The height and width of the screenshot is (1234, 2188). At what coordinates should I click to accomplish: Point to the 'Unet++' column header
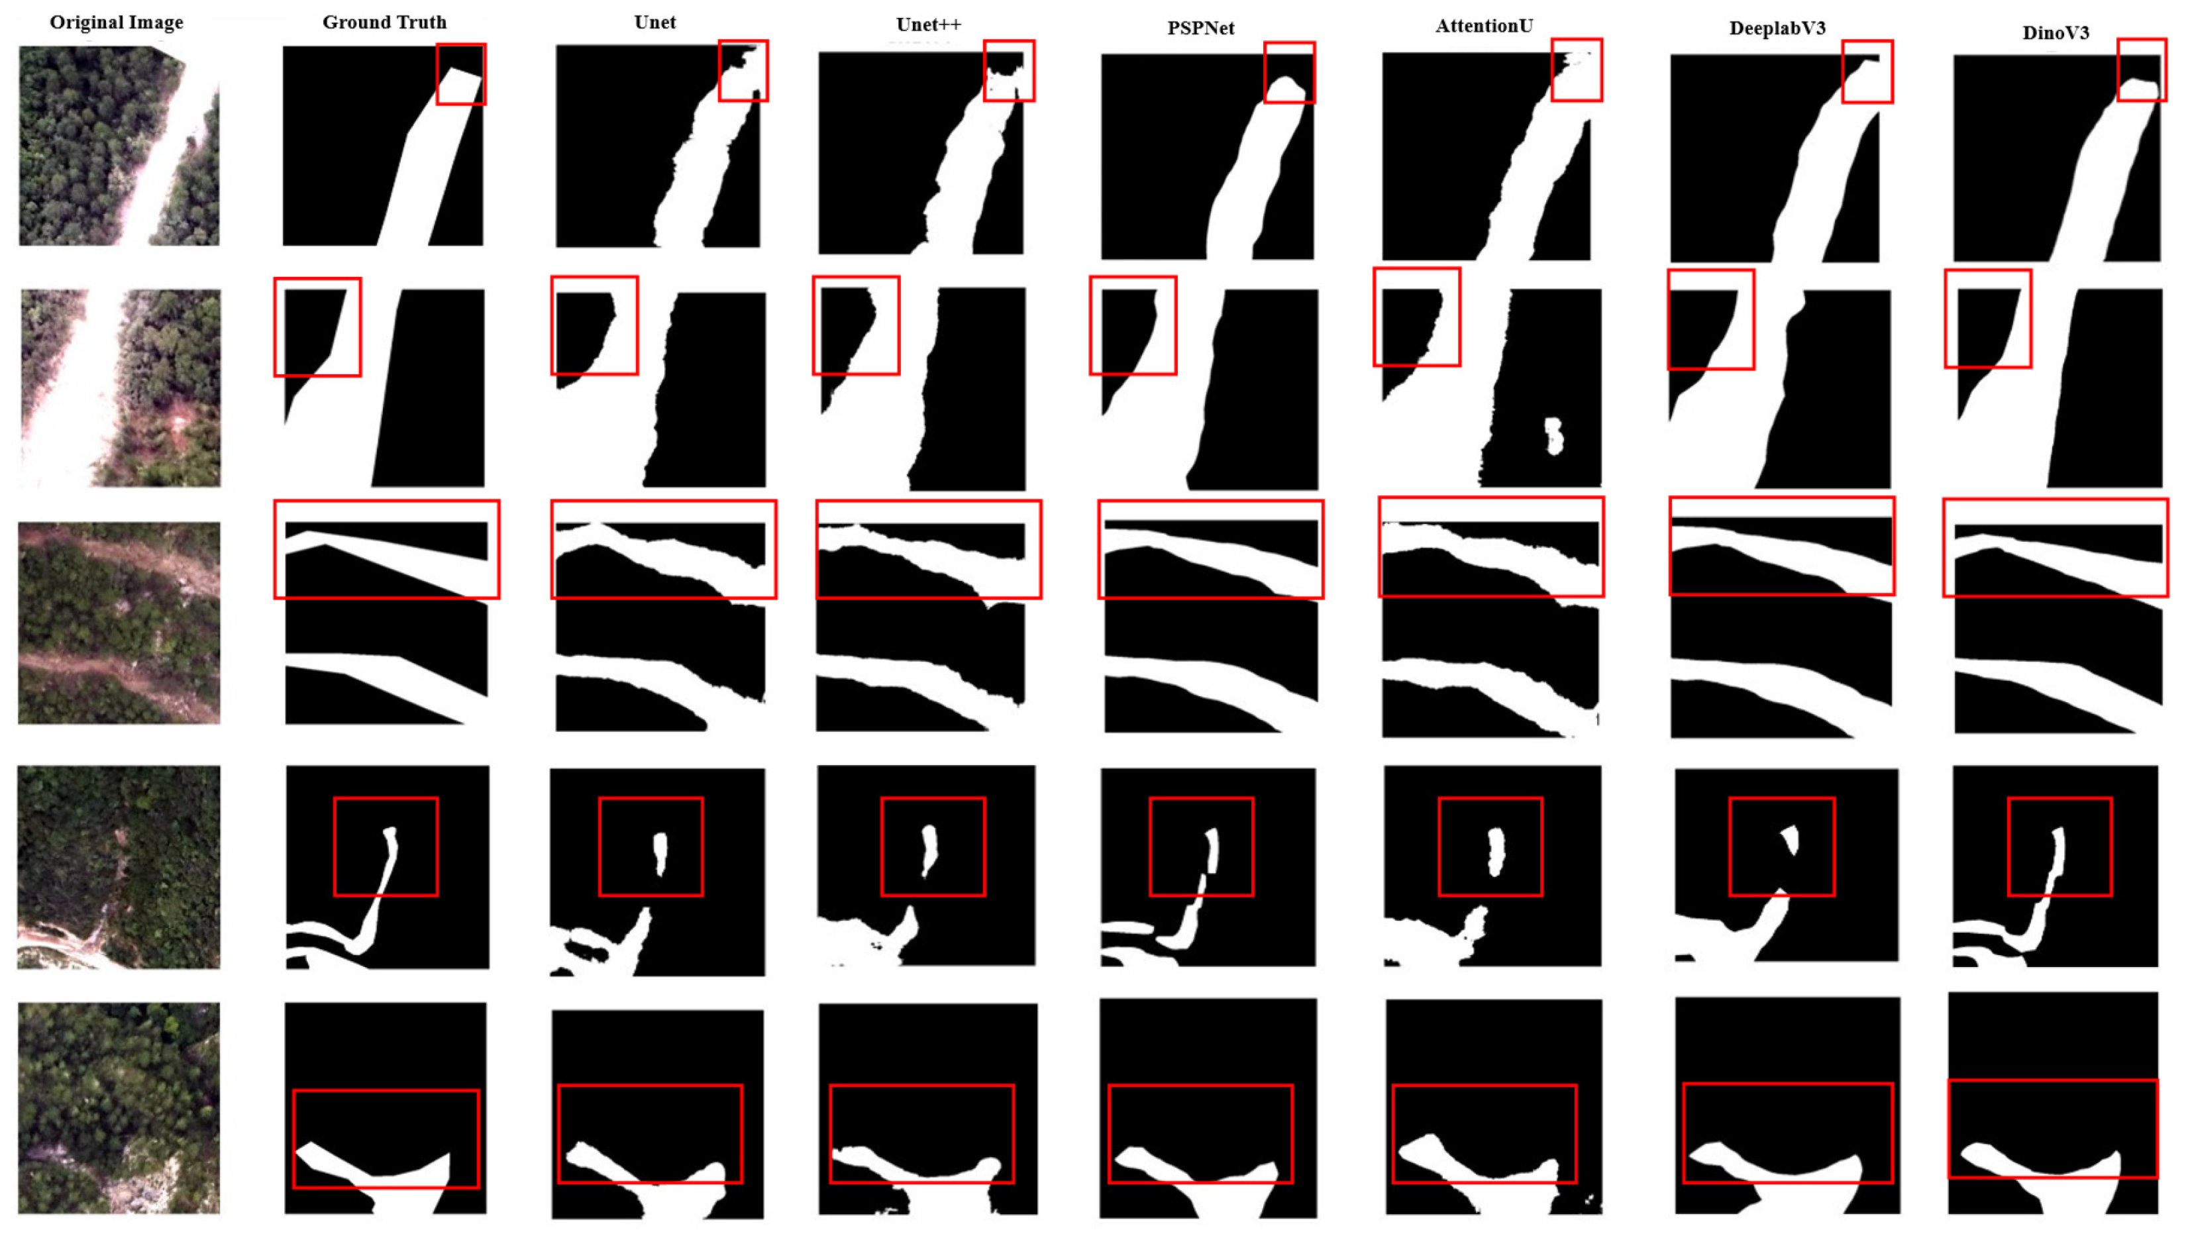point(928,25)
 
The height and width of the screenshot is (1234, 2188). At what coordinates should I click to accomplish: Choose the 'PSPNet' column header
point(1201,28)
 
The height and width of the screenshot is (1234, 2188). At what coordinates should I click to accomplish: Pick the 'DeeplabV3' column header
point(1777,28)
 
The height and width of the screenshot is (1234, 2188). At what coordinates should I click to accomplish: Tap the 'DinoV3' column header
point(2056,33)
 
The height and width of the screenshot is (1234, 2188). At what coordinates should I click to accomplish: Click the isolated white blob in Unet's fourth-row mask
point(660,854)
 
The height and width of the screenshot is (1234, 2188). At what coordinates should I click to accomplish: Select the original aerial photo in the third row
point(119,623)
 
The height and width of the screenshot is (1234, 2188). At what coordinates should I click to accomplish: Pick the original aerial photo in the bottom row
point(119,1107)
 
